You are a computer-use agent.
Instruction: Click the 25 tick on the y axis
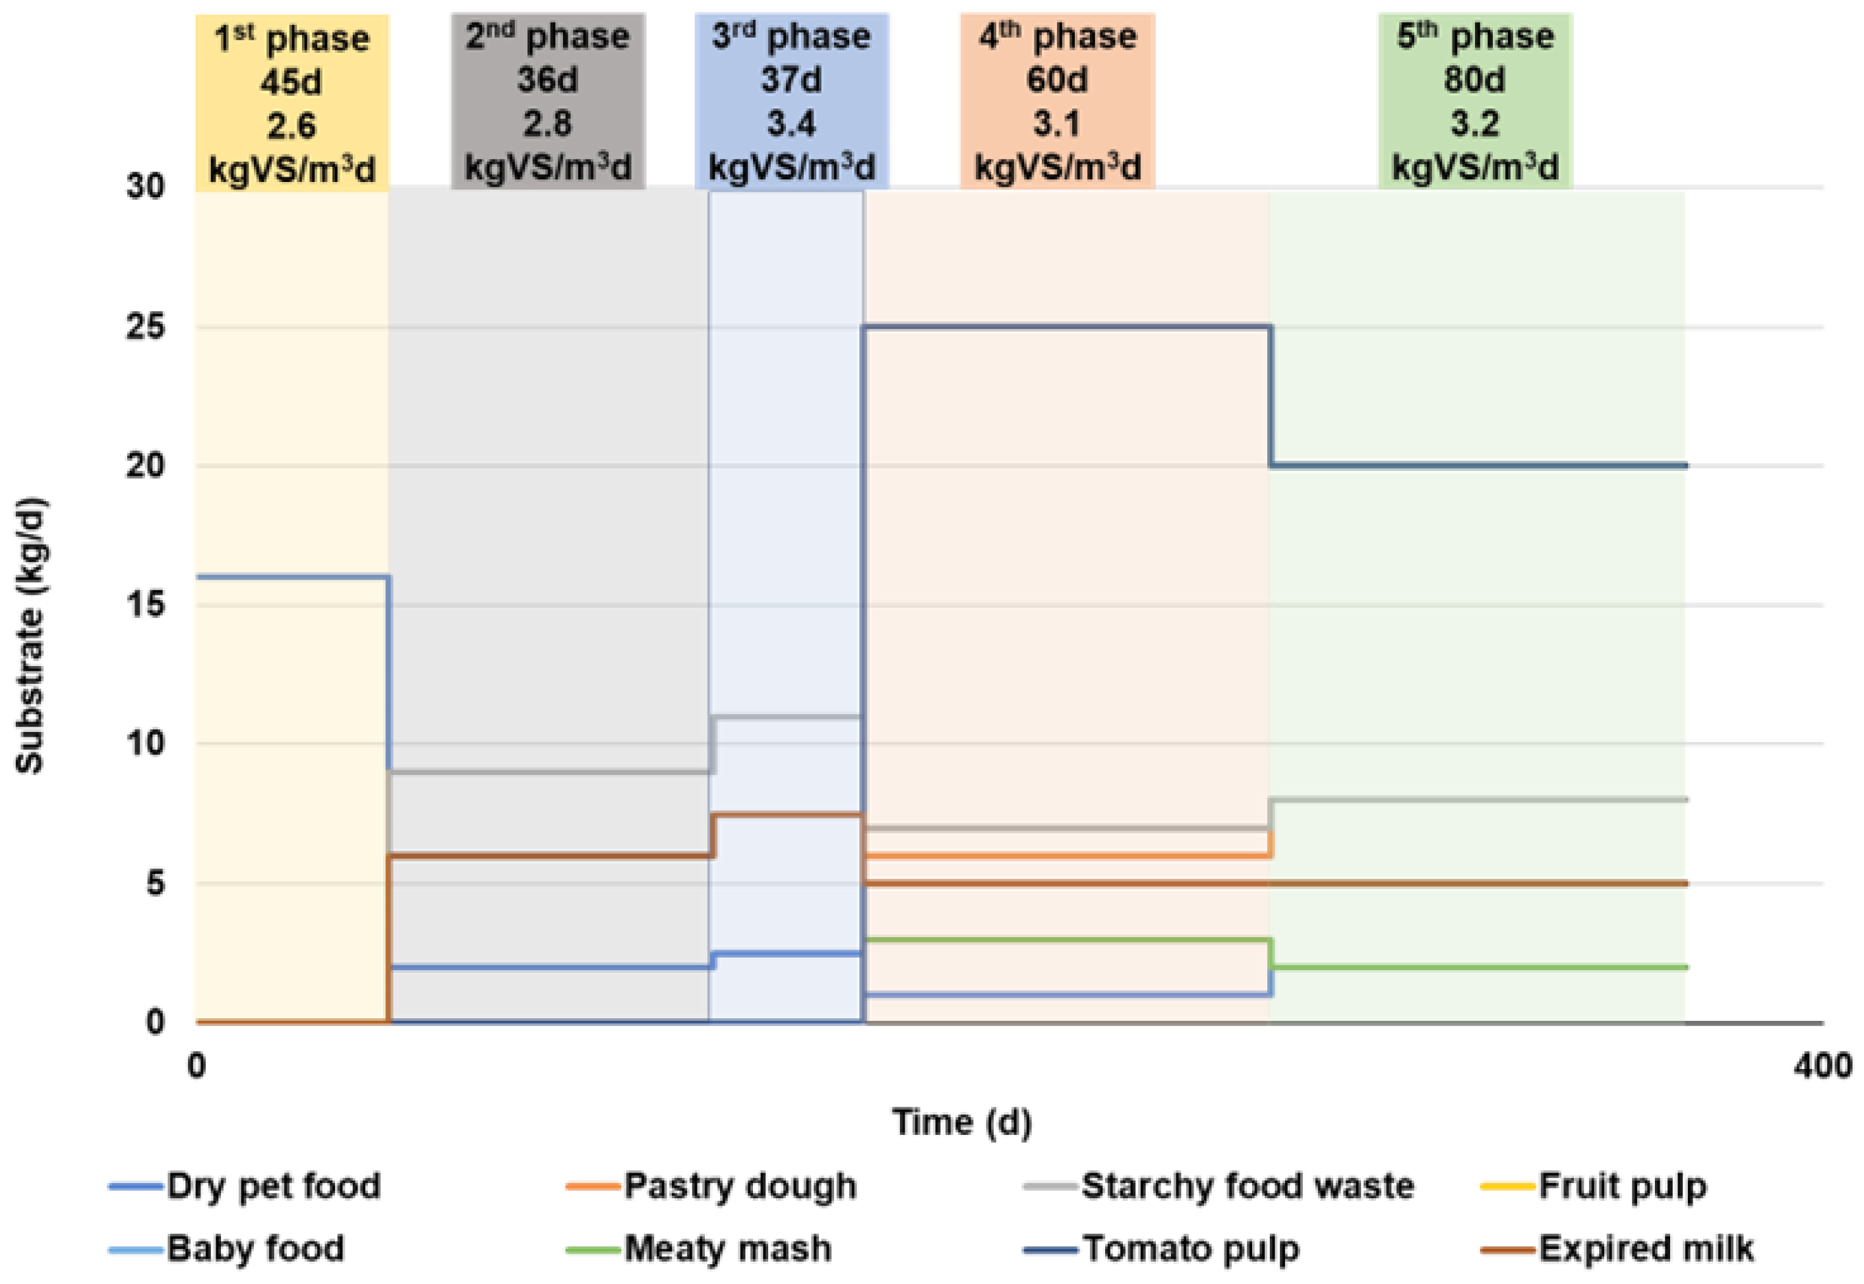(145, 326)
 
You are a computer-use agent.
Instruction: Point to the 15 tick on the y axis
(145, 604)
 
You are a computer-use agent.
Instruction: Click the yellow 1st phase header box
(292, 103)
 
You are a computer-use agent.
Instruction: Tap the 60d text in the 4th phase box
(1057, 80)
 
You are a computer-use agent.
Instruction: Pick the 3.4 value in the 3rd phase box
(791, 124)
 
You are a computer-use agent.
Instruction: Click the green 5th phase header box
(1475, 102)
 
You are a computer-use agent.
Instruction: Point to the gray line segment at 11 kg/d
(788, 716)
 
